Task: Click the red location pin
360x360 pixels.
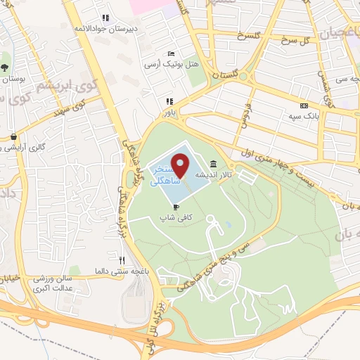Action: coord(181,165)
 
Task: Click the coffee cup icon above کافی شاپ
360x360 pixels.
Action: coord(176,207)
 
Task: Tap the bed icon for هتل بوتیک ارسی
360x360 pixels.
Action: coord(170,53)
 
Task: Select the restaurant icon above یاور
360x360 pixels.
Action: coord(169,101)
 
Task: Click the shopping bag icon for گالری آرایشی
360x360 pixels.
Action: coord(13,137)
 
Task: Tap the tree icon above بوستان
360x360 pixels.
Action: coord(6,69)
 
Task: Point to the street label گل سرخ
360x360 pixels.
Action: coord(295,39)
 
